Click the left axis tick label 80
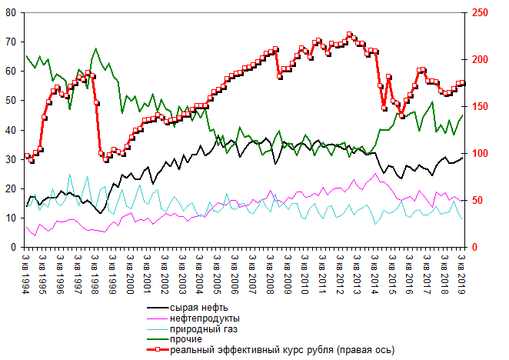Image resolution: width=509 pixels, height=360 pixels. click(x=11, y=12)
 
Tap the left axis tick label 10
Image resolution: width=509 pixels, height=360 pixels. click(x=11, y=218)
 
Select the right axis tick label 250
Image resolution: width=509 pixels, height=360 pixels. click(x=479, y=12)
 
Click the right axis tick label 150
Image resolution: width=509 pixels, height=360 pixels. click(x=479, y=106)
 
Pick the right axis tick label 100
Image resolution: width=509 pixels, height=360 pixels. click(x=479, y=154)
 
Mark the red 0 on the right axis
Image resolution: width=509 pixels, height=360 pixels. click(x=474, y=248)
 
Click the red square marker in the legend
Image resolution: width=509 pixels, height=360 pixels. click(x=156, y=350)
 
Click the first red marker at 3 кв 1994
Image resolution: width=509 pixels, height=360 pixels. click(x=27, y=156)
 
